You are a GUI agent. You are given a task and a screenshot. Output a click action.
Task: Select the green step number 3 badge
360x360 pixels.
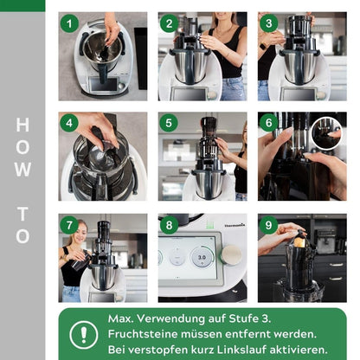click(x=270, y=23)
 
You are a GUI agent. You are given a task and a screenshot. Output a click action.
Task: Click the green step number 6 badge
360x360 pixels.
click(x=270, y=124)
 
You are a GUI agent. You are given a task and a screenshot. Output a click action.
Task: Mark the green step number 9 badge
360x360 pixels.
click(x=270, y=225)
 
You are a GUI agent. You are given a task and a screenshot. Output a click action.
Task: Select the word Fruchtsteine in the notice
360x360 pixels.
click(x=148, y=333)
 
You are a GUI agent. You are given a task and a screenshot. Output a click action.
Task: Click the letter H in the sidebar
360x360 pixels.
click(x=22, y=126)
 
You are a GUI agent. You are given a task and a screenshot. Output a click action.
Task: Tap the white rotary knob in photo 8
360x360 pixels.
click(x=232, y=254)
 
